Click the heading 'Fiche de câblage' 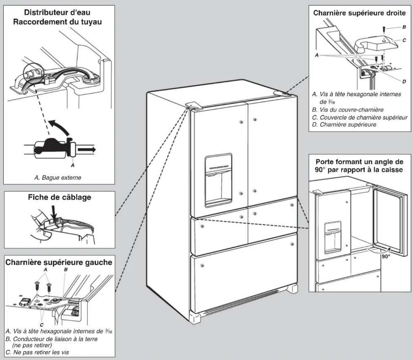pos(60,197)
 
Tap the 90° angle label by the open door pos(386,257)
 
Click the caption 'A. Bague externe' pos(58,177)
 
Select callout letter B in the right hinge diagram pos(404,27)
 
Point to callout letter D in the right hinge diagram pos(404,81)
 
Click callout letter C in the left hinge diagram pos(41,325)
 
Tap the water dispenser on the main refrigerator pos(218,180)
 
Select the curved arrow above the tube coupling pos(60,127)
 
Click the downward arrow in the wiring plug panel pos(54,213)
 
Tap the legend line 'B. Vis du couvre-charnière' pos(348,110)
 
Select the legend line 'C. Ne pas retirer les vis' pos(37,352)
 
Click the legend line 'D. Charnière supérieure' pos(344,125)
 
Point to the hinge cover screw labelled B pos(384,29)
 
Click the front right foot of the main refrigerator pos(293,289)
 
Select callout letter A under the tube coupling pos(73,165)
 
